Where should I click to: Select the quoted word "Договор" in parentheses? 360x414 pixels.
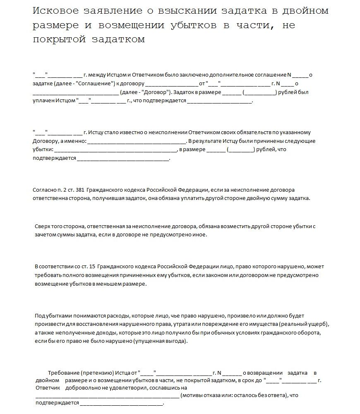[x=155, y=92]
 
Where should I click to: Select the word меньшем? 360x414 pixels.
[x=111, y=284]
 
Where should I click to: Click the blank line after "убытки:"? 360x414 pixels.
[x=115, y=149]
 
